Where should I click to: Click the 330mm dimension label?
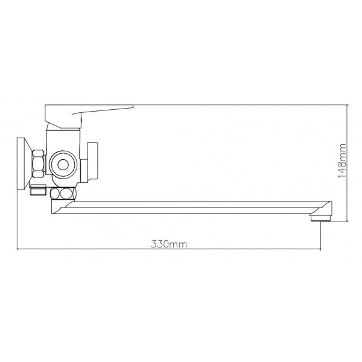pos(169,244)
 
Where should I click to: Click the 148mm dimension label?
pos(342,160)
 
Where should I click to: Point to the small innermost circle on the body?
pos(63,165)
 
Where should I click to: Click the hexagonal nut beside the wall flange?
pos(39,164)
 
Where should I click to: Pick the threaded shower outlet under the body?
pos(38,190)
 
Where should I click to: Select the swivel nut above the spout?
pos(63,194)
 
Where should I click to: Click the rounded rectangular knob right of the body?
pos(92,162)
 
